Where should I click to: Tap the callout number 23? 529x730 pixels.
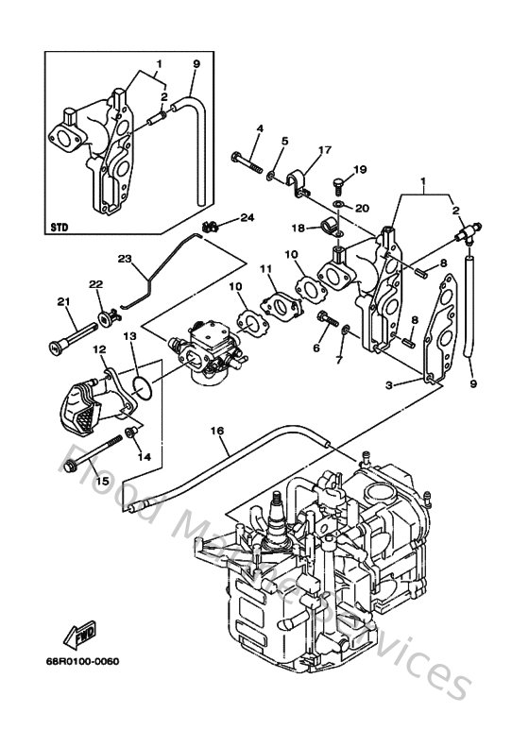click(x=124, y=258)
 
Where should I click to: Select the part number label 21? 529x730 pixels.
click(x=63, y=302)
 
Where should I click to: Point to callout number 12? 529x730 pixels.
click(x=99, y=350)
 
